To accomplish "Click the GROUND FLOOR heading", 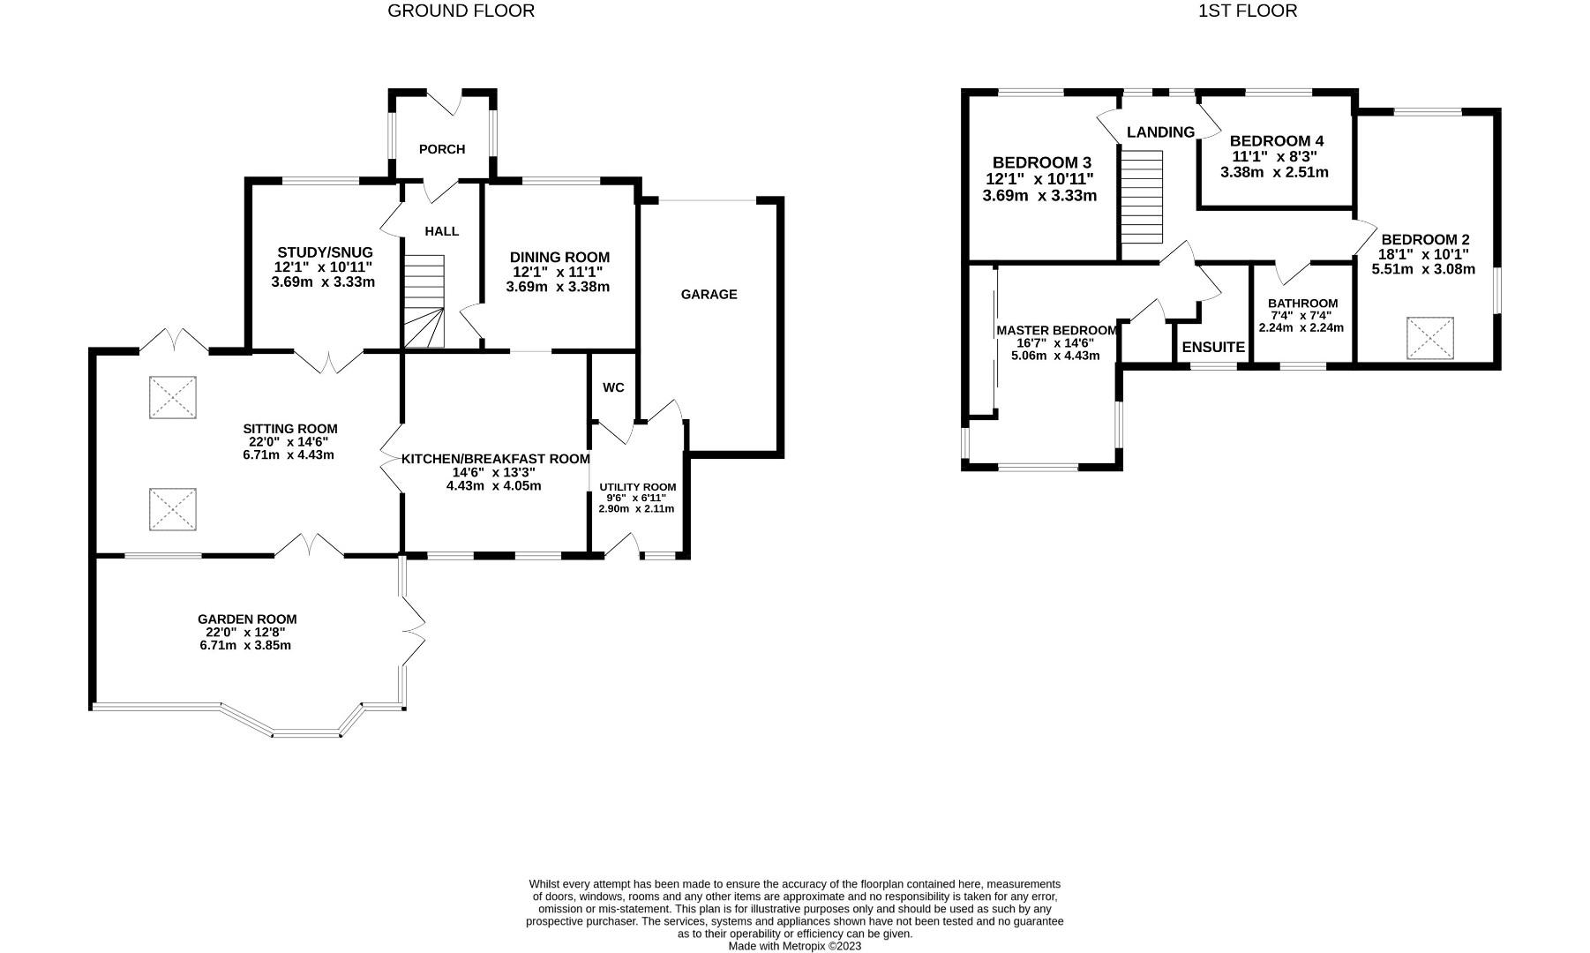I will tap(461, 11).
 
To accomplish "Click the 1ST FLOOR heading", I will tap(1247, 11).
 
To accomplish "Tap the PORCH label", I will tap(441, 149).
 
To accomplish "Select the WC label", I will tap(613, 387).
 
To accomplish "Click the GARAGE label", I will tap(709, 295).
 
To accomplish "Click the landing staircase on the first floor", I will tap(1142, 197).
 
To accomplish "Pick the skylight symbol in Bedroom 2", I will tap(1429, 338).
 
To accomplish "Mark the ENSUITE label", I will tap(1212, 348).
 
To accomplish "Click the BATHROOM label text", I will tap(1302, 304).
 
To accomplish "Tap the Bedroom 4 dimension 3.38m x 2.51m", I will tap(1274, 172).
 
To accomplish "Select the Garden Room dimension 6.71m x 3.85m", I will tap(245, 645).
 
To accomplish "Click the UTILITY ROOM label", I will tap(637, 487).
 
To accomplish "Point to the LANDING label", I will tap(1160, 132).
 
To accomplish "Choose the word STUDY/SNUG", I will tap(325, 252).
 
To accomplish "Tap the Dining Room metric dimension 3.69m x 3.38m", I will tap(558, 287).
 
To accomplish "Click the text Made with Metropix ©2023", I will tap(794, 946).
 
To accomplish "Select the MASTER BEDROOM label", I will tap(1056, 331).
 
